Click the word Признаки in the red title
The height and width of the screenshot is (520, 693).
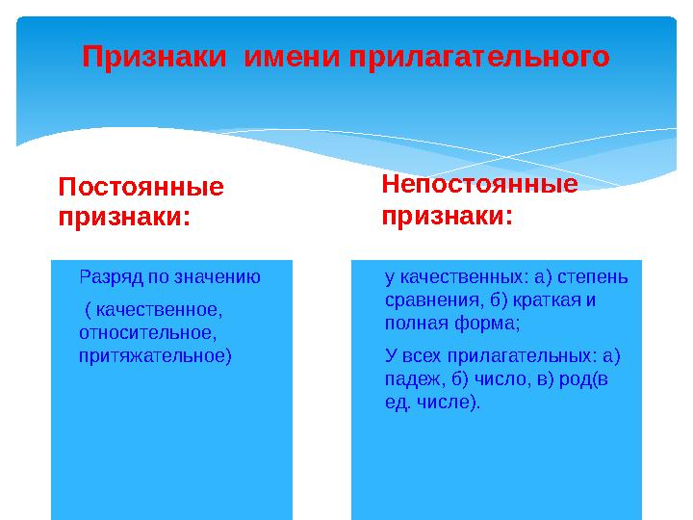pyautogui.click(x=154, y=57)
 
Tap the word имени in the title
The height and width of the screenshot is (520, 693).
pyautogui.click(x=292, y=57)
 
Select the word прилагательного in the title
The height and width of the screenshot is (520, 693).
pyautogui.click(x=479, y=58)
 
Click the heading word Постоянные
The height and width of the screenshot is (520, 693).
pyautogui.click(x=141, y=186)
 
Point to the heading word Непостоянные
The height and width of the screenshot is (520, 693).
pyautogui.click(x=479, y=184)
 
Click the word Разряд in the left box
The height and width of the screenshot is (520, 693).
pyautogui.click(x=112, y=277)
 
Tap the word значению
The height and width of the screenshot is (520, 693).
pyautogui.click(x=217, y=277)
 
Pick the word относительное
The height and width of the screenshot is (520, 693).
pyautogui.click(x=147, y=333)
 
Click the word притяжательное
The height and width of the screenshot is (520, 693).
pyautogui.click(x=152, y=356)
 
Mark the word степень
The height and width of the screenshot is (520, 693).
pyautogui.click(x=592, y=278)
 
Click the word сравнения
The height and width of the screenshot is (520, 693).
pyautogui.click(x=432, y=300)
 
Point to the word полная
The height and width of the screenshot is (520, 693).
pyautogui.click(x=417, y=324)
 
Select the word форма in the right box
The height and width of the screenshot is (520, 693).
pyautogui.click(x=484, y=324)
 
